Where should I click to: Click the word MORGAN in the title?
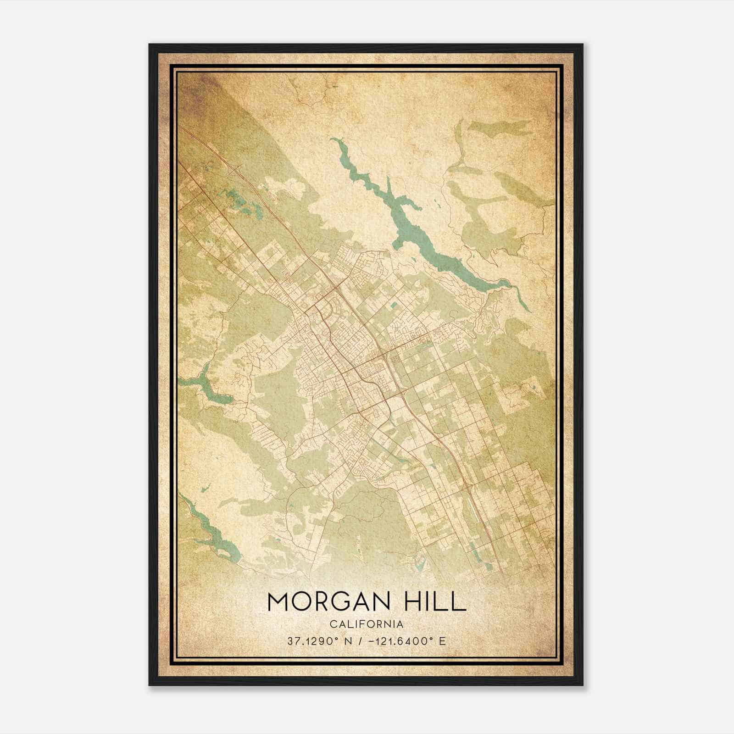coord(328,601)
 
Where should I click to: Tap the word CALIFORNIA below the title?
coord(367,624)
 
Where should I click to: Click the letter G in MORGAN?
coord(341,601)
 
